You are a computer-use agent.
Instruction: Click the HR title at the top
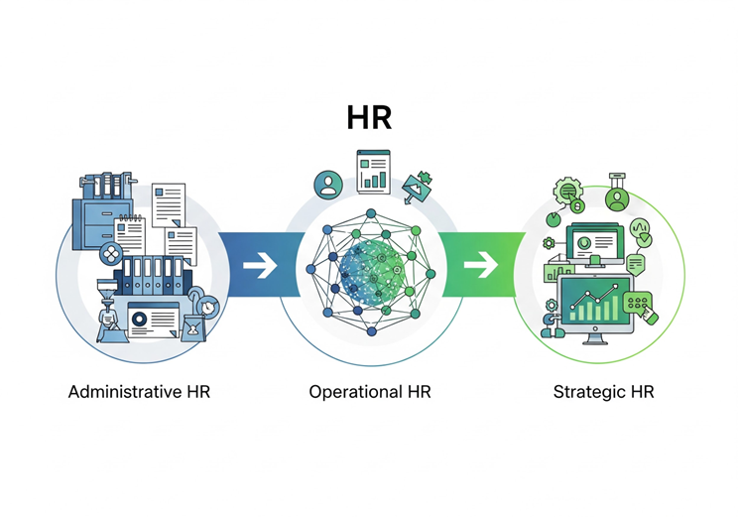point(369,117)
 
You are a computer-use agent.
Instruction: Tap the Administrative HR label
point(139,391)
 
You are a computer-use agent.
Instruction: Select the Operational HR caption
point(369,391)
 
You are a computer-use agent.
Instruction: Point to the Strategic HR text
point(603,391)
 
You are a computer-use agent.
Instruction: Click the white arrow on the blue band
point(259,266)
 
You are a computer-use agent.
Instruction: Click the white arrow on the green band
point(481,265)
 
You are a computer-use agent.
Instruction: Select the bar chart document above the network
point(374,170)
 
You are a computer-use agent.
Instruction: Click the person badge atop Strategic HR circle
point(617,198)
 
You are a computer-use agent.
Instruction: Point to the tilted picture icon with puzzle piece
point(417,186)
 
